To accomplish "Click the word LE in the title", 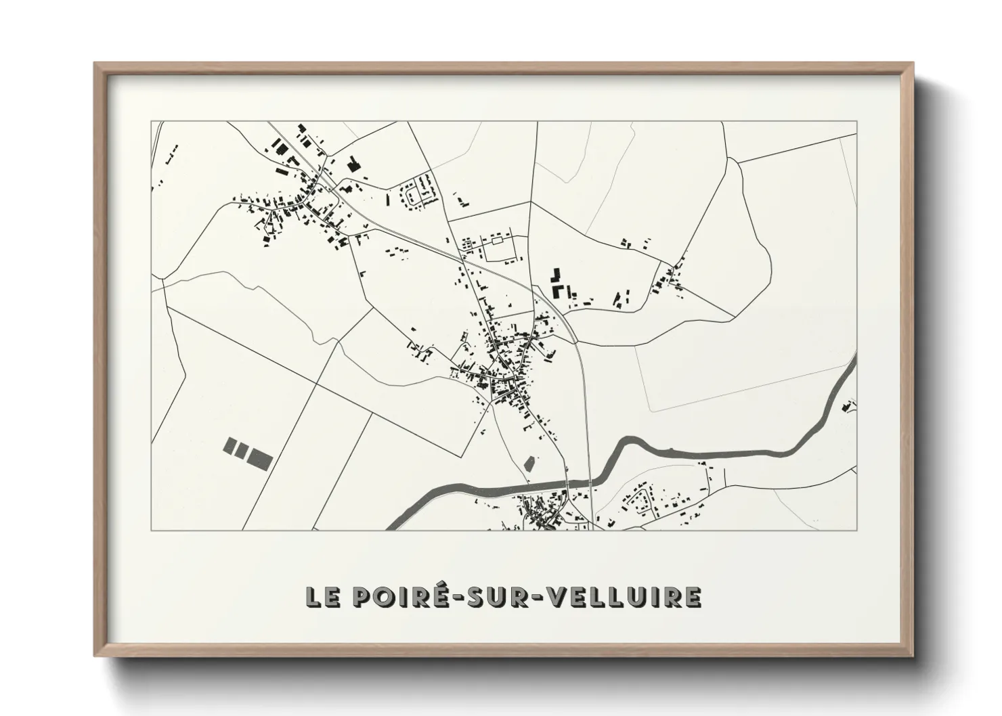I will (323, 597).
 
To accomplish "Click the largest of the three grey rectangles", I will (259, 457).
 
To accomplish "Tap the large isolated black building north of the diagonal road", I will (352, 164).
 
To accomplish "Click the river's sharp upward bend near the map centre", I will (622, 447).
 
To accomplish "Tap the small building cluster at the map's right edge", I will (848, 406).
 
